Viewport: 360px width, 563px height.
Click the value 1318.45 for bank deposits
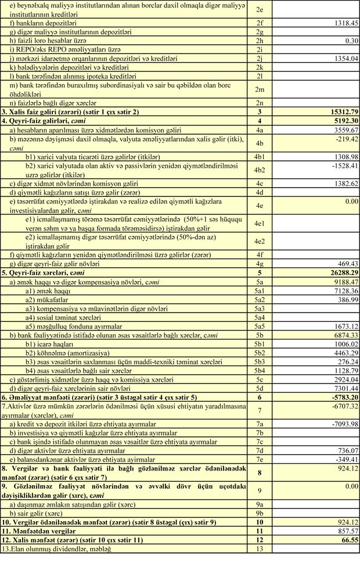[x=340, y=23]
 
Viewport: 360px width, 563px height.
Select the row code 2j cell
[x=260, y=59]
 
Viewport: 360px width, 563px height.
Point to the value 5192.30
[x=337, y=121]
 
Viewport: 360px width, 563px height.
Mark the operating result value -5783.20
[x=336, y=396]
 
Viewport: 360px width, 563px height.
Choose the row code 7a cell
[x=260, y=424]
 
